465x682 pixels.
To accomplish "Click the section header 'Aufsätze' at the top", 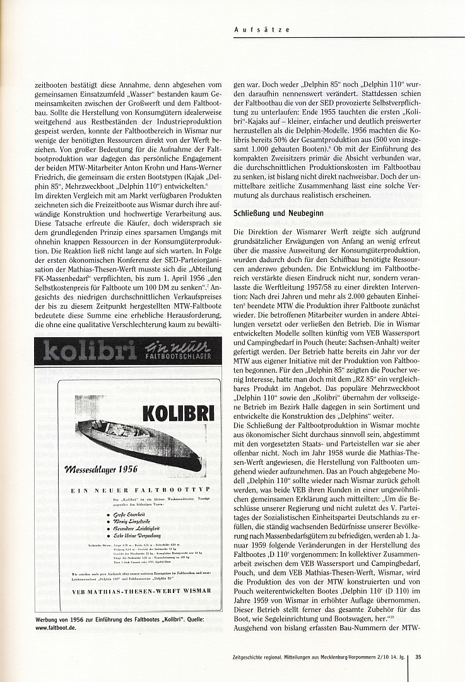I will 252,30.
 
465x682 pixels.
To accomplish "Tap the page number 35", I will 418,656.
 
